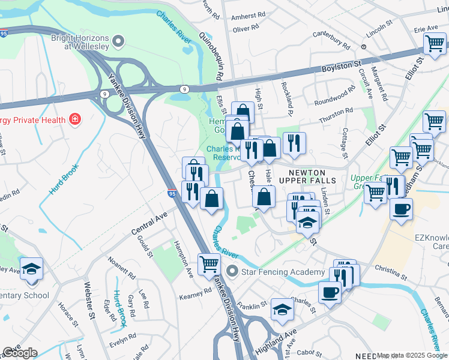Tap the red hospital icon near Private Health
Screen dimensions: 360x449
(75, 119)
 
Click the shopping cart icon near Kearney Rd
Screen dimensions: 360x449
(209, 263)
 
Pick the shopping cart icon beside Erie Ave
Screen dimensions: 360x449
(434, 43)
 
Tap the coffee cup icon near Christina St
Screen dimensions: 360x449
(330, 293)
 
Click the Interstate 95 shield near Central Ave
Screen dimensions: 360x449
(172, 194)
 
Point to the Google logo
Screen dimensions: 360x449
(20, 353)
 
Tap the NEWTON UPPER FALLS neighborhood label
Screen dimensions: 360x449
(312, 177)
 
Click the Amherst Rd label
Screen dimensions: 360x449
(249, 15)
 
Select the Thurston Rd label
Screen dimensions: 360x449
(336, 116)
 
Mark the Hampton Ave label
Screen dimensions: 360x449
(184, 259)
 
